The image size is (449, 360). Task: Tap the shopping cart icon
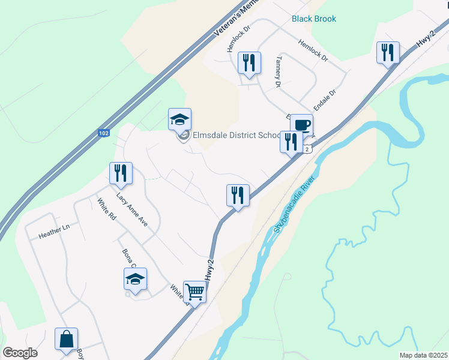(x=195, y=292)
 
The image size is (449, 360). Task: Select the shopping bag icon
(x=66, y=339)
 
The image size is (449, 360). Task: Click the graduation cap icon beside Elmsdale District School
(x=179, y=119)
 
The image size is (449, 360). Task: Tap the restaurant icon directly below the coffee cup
(x=291, y=143)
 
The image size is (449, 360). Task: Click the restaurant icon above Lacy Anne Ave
(x=121, y=173)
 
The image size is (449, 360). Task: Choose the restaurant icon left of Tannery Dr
(x=249, y=63)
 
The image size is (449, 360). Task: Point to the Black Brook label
(x=314, y=19)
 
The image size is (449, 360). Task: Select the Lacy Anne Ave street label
(x=132, y=213)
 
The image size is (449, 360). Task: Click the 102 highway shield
(x=104, y=134)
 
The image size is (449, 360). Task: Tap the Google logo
(x=20, y=352)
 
